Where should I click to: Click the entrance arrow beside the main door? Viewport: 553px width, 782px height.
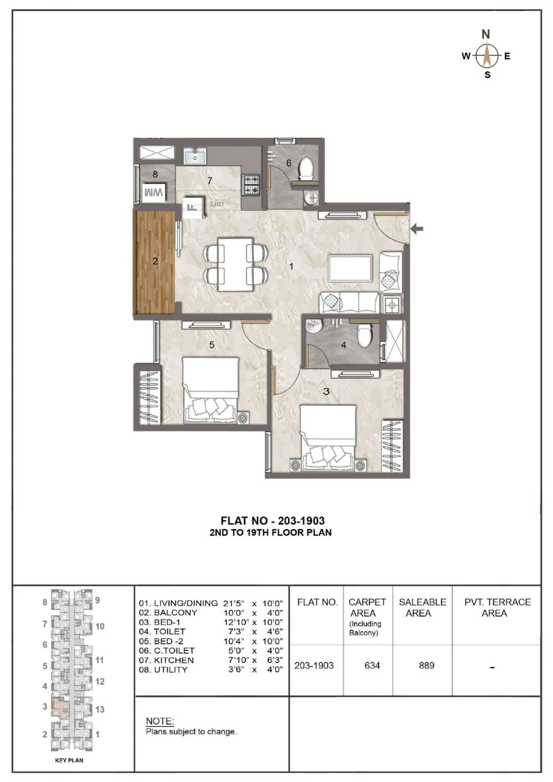(x=417, y=229)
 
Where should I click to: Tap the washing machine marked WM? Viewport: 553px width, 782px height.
(x=153, y=193)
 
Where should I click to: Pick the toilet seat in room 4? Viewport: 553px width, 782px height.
(x=364, y=335)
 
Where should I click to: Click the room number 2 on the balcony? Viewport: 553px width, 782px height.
(x=155, y=261)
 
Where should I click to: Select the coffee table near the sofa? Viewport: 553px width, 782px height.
(x=350, y=268)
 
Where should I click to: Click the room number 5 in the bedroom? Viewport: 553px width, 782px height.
(x=212, y=345)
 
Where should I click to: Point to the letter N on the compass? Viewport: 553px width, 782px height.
(x=486, y=34)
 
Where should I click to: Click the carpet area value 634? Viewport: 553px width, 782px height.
(x=372, y=665)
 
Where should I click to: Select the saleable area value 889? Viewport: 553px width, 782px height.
(x=426, y=665)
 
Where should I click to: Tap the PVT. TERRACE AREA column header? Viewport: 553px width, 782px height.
(x=497, y=607)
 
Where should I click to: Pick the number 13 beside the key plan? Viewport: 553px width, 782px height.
(x=100, y=709)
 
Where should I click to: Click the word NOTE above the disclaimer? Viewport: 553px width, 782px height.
(x=160, y=721)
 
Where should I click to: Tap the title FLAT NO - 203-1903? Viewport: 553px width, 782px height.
(x=272, y=521)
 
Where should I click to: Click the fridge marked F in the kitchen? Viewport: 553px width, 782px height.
(x=193, y=207)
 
